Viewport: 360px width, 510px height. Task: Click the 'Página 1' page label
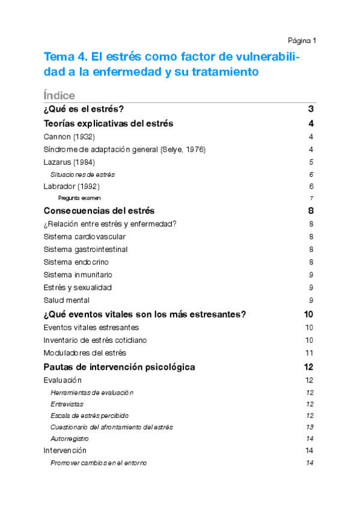pos(302,41)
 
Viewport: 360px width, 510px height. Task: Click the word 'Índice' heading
pos(59,96)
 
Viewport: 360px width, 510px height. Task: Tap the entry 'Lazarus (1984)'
pos(69,162)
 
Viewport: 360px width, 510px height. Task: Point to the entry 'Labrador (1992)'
pos(72,186)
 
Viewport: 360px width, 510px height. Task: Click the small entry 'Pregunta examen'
pos(79,198)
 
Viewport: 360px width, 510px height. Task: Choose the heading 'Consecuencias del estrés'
pos(99,211)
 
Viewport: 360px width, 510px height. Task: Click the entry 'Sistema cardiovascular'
pos(85,237)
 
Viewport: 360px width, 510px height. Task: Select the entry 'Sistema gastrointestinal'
pos(85,250)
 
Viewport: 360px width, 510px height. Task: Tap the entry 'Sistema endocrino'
pos(76,262)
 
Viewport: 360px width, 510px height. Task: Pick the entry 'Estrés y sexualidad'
pos(78,287)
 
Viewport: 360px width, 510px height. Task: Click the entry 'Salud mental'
pos(67,300)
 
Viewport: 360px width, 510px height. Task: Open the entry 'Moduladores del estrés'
pos(85,353)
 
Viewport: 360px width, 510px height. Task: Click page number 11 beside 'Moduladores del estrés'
pos(310,353)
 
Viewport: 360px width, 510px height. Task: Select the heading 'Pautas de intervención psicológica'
pos(119,367)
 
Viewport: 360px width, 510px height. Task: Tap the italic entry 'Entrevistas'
pos(67,404)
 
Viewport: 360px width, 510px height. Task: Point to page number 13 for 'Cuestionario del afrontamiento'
pos(310,427)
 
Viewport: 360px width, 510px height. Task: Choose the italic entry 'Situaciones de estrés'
pos(83,174)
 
